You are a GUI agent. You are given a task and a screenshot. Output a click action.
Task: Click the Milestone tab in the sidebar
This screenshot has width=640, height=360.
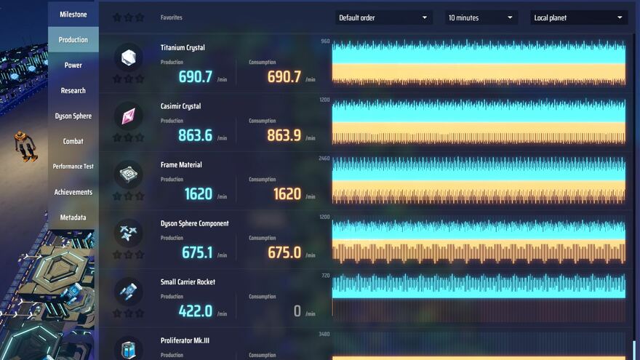pyautogui.click(x=73, y=15)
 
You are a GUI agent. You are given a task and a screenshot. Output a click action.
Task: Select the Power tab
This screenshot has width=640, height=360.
pyautogui.click(x=73, y=65)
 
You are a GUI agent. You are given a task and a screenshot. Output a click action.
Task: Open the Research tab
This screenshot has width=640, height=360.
pyautogui.click(x=73, y=91)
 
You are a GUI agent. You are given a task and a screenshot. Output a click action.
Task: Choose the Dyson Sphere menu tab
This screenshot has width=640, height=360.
pyautogui.click(x=73, y=116)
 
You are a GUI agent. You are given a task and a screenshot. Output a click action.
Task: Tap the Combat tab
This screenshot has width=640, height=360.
pyautogui.click(x=73, y=141)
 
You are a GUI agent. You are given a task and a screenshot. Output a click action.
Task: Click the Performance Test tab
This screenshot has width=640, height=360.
pyautogui.click(x=73, y=167)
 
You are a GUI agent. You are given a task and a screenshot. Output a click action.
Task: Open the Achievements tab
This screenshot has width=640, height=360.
pyautogui.click(x=73, y=192)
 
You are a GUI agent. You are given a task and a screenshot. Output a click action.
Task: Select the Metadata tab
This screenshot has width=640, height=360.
pyautogui.click(x=73, y=217)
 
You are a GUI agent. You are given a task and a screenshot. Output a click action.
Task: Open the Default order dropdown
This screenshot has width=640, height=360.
pyautogui.click(x=383, y=17)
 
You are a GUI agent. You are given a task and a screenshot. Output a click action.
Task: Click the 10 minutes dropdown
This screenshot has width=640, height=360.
pyautogui.click(x=481, y=17)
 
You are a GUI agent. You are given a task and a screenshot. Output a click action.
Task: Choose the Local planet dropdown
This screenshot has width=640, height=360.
pyautogui.click(x=579, y=17)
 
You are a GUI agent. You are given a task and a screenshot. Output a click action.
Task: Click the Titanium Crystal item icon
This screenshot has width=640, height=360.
pyautogui.click(x=129, y=57)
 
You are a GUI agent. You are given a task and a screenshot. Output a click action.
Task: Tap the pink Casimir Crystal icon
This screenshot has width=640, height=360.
pyautogui.click(x=129, y=116)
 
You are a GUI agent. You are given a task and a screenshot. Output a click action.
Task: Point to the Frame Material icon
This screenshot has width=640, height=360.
pyautogui.click(x=129, y=175)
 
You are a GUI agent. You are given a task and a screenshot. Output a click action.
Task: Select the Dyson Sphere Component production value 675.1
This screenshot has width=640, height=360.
pyautogui.click(x=196, y=252)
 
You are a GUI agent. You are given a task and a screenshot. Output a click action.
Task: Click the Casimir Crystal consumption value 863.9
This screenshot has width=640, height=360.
pyautogui.click(x=284, y=135)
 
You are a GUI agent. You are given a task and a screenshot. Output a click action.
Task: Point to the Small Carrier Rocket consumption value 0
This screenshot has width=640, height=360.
pyautogui.click(x=297, y=311)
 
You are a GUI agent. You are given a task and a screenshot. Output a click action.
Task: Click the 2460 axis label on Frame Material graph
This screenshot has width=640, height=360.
pyautogui.click(x=324, y=159)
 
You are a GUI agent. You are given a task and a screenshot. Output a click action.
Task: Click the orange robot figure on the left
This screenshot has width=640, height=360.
pyautogui.click(x=25, y=145)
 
